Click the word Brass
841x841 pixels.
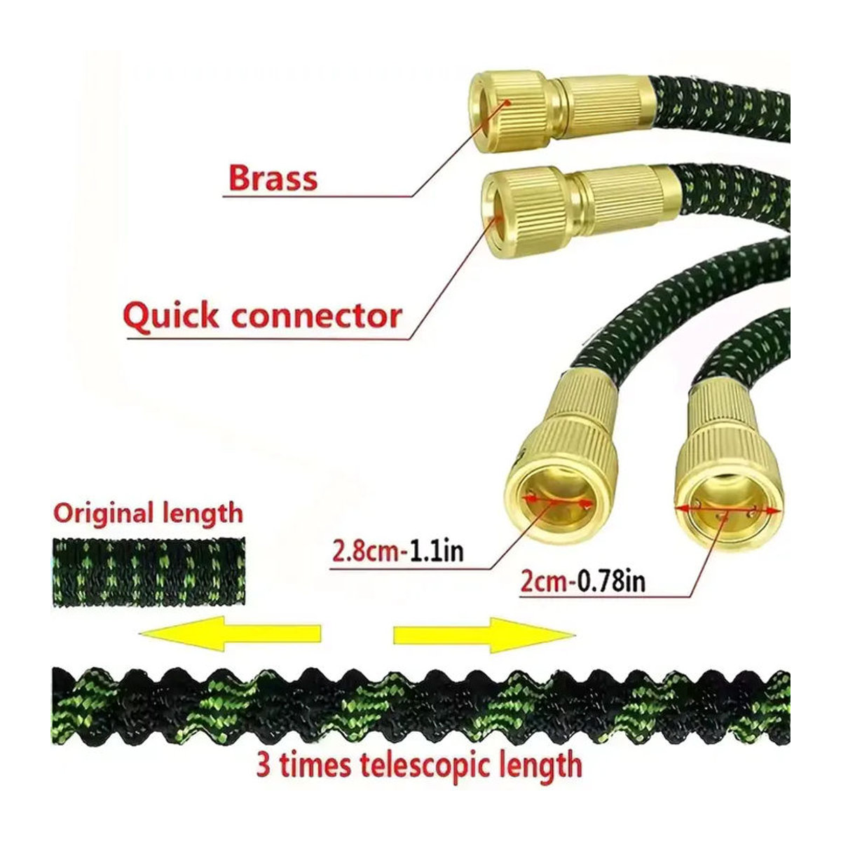point(273,178)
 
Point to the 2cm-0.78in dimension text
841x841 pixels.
point(583,582)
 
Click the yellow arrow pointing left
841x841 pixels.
point(230,634)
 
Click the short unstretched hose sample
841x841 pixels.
point(149,572)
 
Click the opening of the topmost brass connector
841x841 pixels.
point(491,111)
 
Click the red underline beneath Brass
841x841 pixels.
point(317,196)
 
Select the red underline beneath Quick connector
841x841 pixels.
point(268,339)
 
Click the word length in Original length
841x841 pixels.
point(203,514)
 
